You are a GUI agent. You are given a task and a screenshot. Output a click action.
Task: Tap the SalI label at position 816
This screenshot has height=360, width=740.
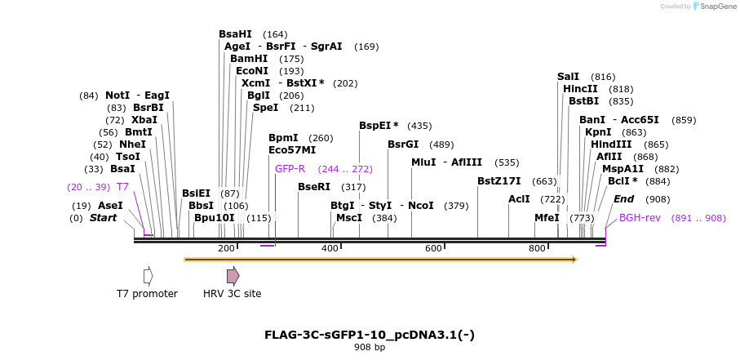568,76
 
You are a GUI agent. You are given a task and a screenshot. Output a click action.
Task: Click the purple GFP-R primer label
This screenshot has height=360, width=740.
290,169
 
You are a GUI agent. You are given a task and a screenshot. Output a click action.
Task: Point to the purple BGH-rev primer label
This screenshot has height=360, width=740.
640,218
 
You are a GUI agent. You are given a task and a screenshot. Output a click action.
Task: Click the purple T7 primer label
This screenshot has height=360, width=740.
122,187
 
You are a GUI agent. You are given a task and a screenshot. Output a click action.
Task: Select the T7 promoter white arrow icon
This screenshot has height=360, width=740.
148,276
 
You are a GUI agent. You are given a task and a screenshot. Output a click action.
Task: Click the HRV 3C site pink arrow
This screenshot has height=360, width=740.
233,276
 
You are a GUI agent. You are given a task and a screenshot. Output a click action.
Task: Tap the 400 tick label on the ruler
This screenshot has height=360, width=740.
330,248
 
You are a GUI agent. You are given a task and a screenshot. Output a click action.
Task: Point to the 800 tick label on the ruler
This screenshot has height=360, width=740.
537,248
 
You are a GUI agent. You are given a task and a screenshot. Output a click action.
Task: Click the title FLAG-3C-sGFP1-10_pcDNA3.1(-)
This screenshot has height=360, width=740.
369,335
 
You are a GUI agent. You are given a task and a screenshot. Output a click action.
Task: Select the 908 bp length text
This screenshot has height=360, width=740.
369,348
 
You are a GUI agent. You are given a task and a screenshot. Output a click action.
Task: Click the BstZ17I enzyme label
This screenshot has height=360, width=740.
499,181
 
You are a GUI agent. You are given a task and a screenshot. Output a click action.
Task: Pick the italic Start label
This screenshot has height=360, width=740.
103,218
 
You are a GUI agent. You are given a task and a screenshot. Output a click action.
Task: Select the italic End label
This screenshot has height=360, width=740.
623,199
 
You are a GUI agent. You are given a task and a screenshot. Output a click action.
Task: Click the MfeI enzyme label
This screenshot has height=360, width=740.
547,218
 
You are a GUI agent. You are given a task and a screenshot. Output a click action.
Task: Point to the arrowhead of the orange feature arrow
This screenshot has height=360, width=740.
574,260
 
